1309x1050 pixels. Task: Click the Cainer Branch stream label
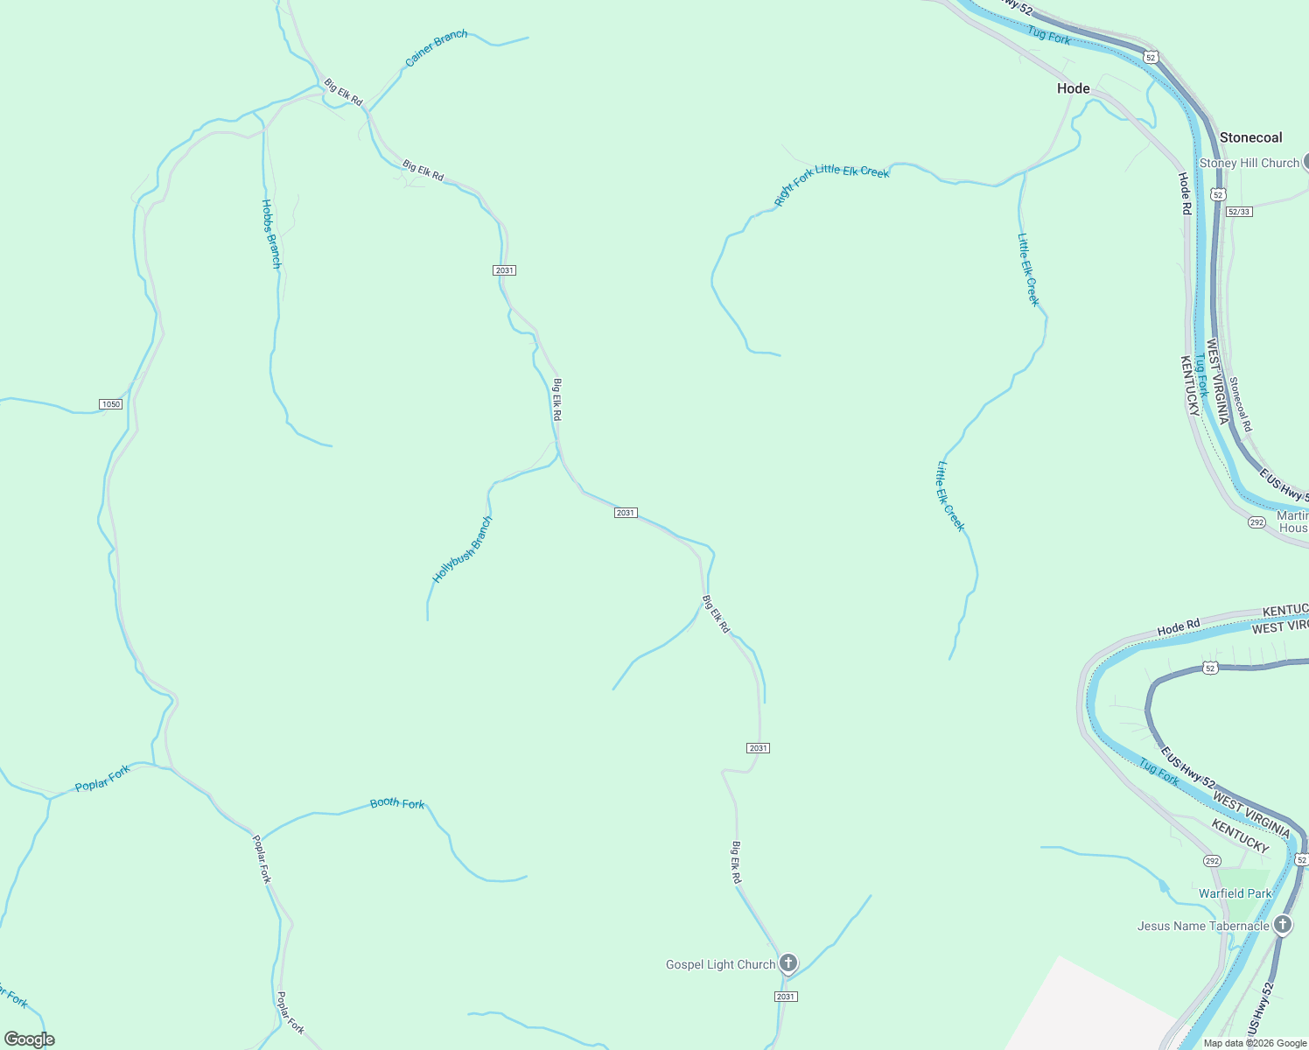[x=436, y=48]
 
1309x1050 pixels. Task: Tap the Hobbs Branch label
[x=271, y=234]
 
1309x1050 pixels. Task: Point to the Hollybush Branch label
[x=463, y=549]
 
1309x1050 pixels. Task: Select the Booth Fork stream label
[x=397, y=803]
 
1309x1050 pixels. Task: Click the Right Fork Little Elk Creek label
[x=831, y=183]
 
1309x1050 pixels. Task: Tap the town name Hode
[x=1074, y=88]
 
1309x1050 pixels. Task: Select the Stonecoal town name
[x=1250, y=137]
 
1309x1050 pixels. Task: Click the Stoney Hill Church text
[x=1249, y=163]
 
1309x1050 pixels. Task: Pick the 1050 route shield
[x=110, y=404]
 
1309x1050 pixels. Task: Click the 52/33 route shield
[x=1239, y=212]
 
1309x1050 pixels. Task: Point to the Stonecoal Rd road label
[x=1240, y=403]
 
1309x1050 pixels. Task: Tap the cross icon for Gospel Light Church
[x=788, y=963]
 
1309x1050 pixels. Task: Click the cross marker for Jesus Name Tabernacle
[x=1283, y=924]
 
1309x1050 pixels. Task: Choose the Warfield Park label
[x=1235, y=893]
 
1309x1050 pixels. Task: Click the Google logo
[x=29, y=1039]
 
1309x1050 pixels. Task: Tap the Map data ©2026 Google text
[x=1255, y=1043]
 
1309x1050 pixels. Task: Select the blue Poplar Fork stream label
[x=102, y=778]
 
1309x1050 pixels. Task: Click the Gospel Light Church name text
[x=720, y=964]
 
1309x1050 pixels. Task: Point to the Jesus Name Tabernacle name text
[x=1203, y=926]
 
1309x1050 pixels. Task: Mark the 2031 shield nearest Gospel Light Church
[x=786, y=997]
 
